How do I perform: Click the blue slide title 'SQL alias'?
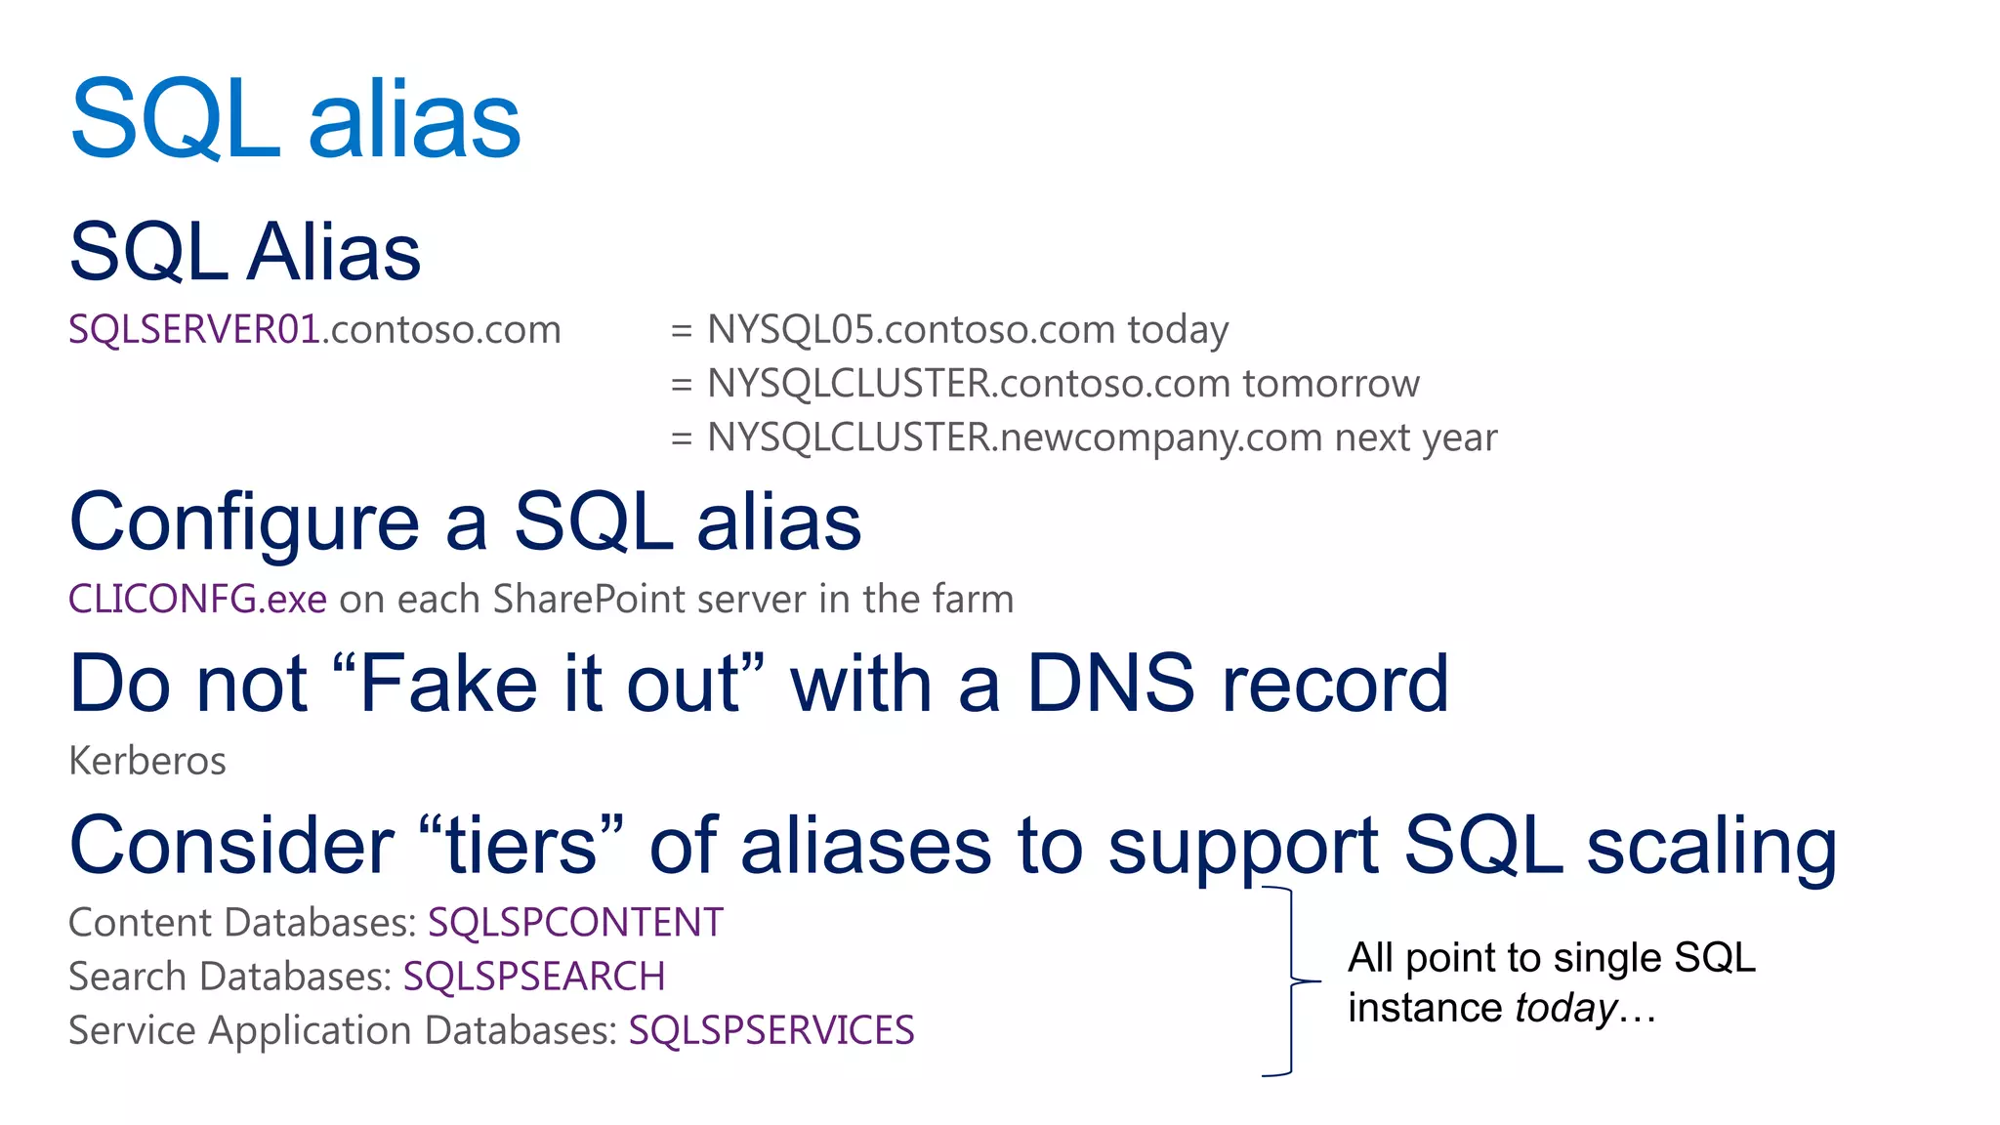296,119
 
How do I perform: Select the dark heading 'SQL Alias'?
245,252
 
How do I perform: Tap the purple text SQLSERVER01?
194,330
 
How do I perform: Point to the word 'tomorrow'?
1331,384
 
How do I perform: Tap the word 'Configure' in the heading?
244,523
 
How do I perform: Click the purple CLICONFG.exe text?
197,599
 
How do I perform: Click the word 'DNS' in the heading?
1110,684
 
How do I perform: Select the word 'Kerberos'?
147,761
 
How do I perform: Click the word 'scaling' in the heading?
1711,846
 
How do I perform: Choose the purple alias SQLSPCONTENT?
575,923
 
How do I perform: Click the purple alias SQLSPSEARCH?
534,977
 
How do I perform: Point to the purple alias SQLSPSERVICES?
771,1030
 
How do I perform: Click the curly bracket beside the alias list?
1292,980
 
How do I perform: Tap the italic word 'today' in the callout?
1565,1008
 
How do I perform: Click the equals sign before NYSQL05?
682,331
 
